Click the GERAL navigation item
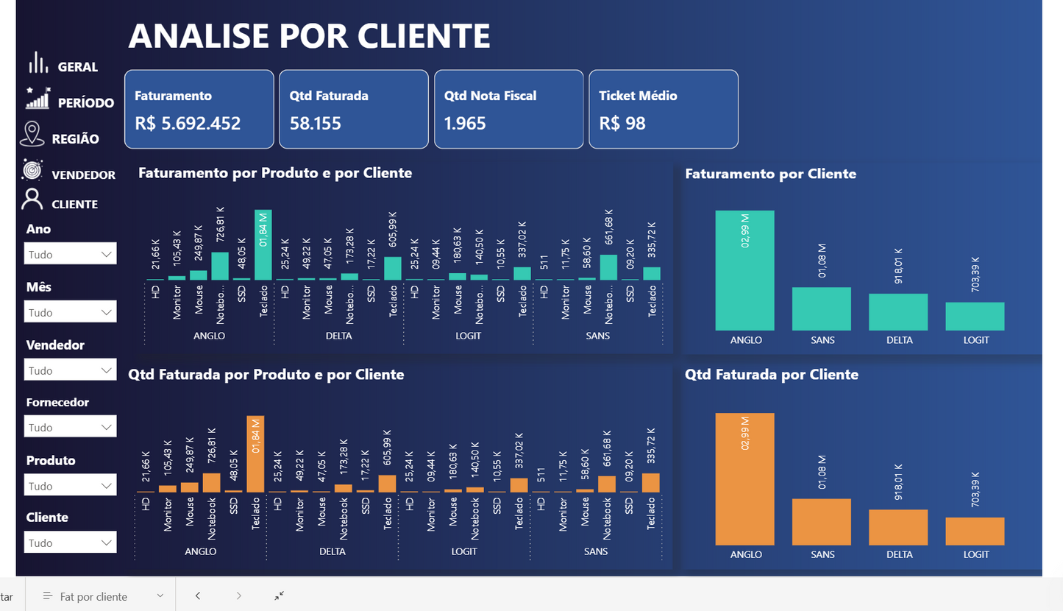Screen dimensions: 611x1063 pyautogui.click(x=77, y=67)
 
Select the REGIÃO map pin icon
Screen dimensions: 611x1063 pyautogui.click(x=31, y=135)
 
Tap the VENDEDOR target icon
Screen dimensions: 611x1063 pyautogui.click(x=32, y=170)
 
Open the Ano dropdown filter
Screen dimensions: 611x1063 pyautogui.click(x=70, y=255)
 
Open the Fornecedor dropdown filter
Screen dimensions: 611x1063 pyautogui.click(x=70, y=427)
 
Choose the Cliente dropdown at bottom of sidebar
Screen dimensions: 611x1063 pyautogui.click(x=70, y=543)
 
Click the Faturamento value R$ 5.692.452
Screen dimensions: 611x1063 pyautogui.click(x=188, y=123)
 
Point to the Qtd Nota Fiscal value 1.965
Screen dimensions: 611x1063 pyautogui.click(x=465, y=123)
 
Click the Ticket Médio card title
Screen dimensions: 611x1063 pyautogui.click(x=638, y=96)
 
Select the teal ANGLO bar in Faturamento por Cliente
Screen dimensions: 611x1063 pyautogui.click(x=744, y=271)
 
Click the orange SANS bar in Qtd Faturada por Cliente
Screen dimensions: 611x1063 pyautogui.click(x=821, y=522)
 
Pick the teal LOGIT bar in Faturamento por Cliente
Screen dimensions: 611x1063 pyautogui.click(x=975, y=317)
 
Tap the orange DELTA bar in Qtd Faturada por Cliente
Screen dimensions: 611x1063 pyautogui.click(x=898, y=527)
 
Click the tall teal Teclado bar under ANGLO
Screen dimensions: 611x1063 pyautogui.click(x=263, y=245)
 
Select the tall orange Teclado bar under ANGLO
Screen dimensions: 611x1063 pyautogui.click(x=255, y=454)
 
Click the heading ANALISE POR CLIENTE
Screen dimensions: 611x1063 pyautogui.click(x=309, y=35)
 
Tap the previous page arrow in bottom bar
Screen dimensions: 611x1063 pyautogui.click(x=198, y=596)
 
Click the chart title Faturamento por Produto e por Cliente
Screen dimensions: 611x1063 pyautogui.click(x=274, y=173)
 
